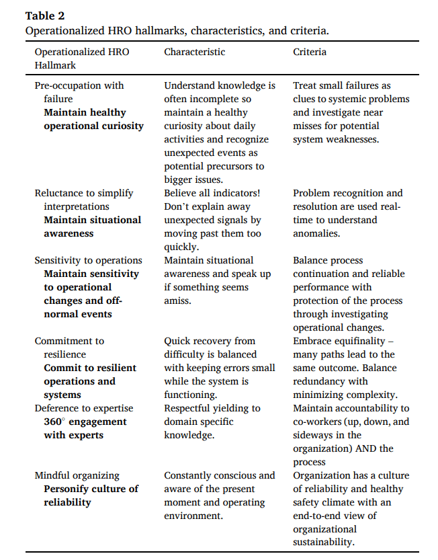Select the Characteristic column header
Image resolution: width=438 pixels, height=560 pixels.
coord(194,52)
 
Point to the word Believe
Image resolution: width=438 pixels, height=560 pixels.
coord(183,193)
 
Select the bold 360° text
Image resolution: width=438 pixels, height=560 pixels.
coord(56,422)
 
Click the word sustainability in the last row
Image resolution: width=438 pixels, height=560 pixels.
coord(323,543)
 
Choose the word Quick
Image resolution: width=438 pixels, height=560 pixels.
coord(178,341)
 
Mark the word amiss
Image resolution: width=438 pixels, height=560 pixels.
coord(178,301)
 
